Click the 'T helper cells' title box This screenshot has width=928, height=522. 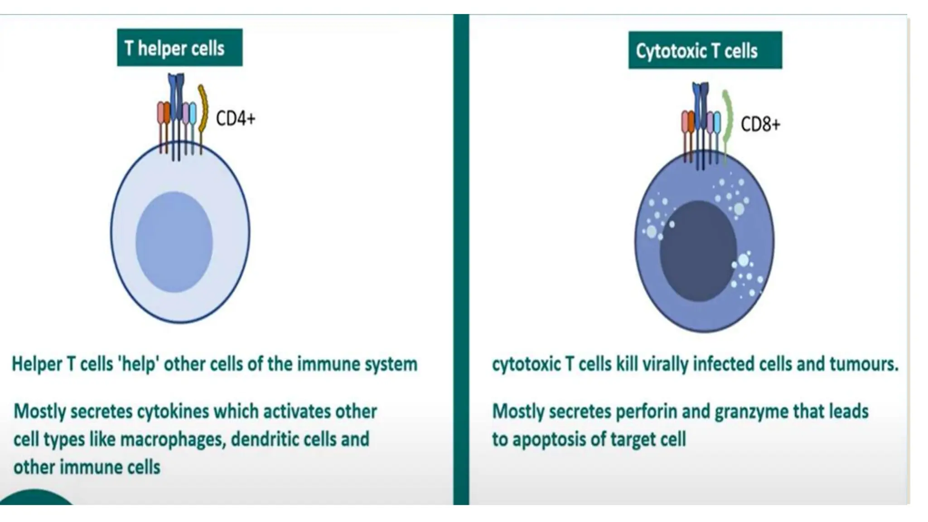pos(179,48)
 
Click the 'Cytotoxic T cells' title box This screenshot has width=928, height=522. pos(705,50)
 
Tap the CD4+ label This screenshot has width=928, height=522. pos(236,119)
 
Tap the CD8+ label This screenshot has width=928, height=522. pos(760,124)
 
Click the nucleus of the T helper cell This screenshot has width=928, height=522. pos(174,242)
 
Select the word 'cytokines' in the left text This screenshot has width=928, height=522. pos(173,412)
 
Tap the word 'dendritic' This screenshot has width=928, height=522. pos(263,440)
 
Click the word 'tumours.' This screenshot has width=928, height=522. pos(864,364)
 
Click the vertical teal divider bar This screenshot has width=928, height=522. pos(461,258)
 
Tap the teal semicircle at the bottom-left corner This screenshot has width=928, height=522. pos(36,498)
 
